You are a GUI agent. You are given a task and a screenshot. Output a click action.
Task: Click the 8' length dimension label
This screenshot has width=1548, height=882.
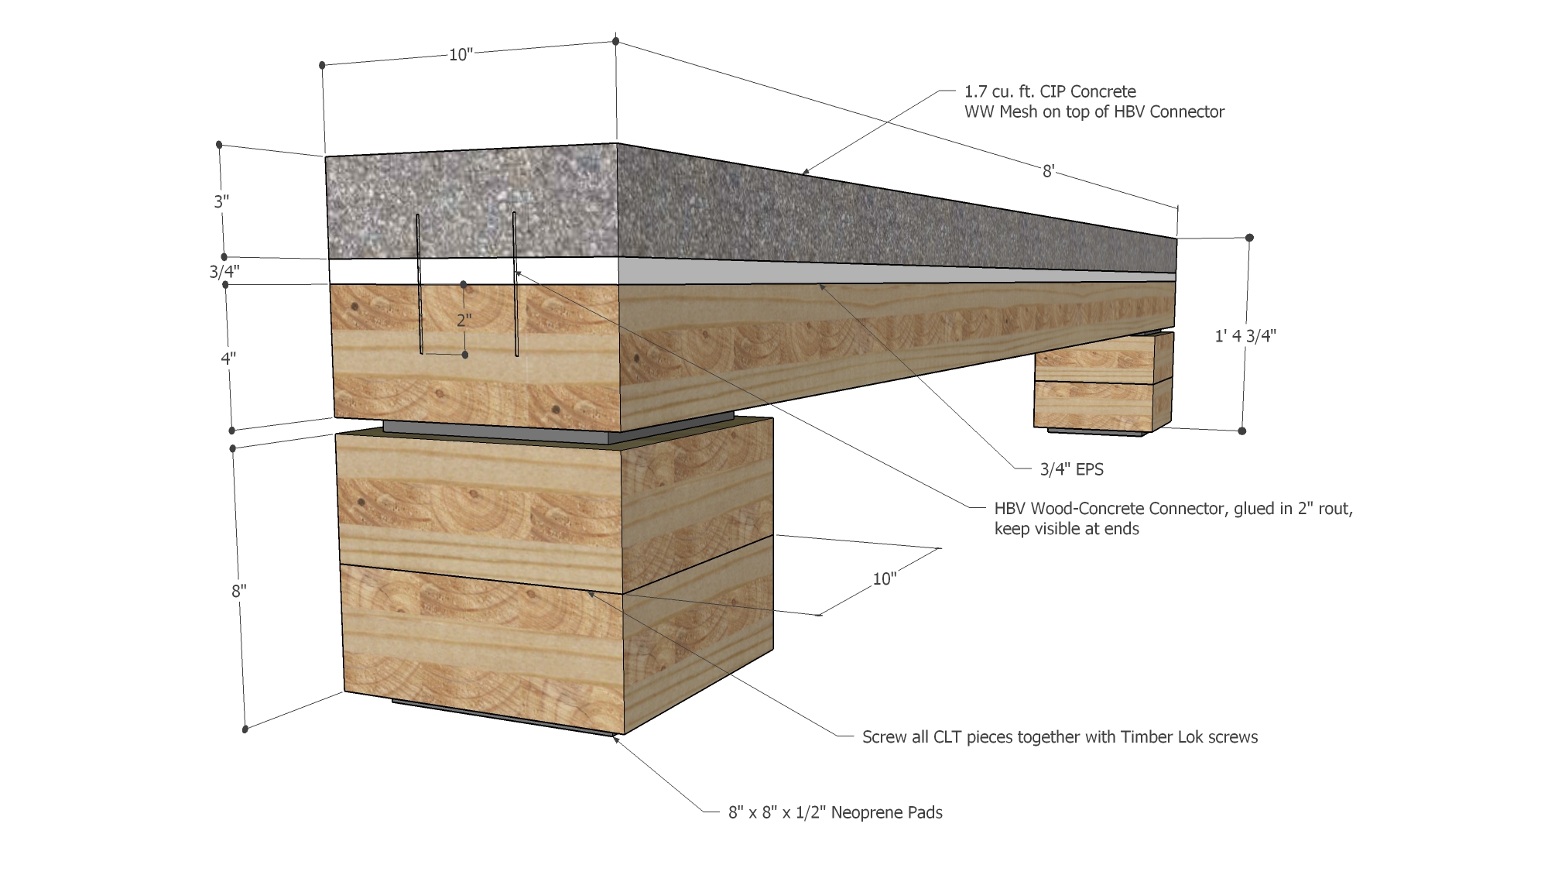[1048, 171]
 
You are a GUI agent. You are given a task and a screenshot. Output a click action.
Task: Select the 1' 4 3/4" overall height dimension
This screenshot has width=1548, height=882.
[1245, 335]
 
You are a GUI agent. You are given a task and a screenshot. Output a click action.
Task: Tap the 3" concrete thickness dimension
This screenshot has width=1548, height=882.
[222, 202]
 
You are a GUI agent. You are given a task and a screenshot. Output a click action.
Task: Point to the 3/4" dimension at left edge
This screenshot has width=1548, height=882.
[224, 272]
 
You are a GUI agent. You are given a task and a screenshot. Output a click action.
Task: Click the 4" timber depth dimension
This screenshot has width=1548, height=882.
[228, 359]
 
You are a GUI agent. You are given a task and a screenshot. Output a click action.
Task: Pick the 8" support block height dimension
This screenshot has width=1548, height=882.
[238, 591]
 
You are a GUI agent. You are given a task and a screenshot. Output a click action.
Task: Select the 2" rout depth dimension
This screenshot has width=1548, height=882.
[464, 320]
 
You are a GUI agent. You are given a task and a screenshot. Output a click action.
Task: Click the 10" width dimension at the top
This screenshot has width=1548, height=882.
[461, 54]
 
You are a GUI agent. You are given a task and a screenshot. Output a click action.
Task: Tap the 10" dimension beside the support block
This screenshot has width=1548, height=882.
[885, 578]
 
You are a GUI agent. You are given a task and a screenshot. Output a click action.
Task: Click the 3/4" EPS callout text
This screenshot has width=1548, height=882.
[1072, 468]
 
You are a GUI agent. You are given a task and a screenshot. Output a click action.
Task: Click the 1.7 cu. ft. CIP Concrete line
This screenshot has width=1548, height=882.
[1050, 91]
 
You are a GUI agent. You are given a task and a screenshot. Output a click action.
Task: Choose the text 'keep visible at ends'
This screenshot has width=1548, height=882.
[1067, 530]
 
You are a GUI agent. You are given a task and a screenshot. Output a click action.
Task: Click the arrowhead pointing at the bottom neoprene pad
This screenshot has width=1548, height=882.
[616, 739]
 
